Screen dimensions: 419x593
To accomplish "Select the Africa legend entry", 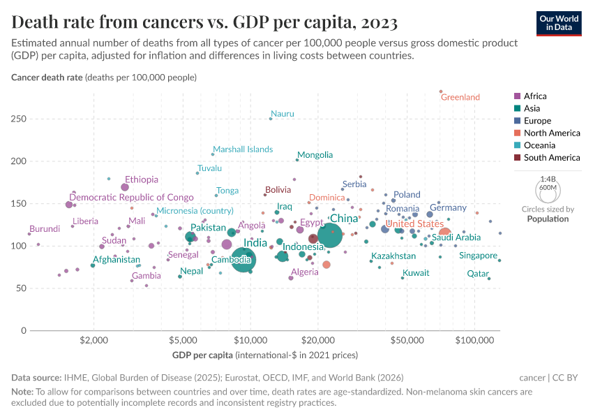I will (x=534, y=96).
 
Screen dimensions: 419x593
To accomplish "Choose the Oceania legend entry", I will (x=539, y=145).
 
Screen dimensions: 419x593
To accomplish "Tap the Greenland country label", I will (x=460, y=98).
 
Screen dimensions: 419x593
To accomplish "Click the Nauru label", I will (x=283, y=114).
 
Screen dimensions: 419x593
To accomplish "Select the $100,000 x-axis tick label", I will (x=475, y=341).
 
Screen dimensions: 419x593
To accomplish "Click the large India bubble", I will (x=243, y=260).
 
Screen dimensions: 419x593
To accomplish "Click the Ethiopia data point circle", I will (x=125, y=187).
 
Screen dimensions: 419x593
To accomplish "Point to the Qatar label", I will (x=478, y=274).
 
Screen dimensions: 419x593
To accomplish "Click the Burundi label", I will (x=45, y=229).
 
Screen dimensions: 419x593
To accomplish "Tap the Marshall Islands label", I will (x=243, y=149).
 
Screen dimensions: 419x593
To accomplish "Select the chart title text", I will (x=204, y=22).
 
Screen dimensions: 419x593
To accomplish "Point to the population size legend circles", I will (x=548, y=190).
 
